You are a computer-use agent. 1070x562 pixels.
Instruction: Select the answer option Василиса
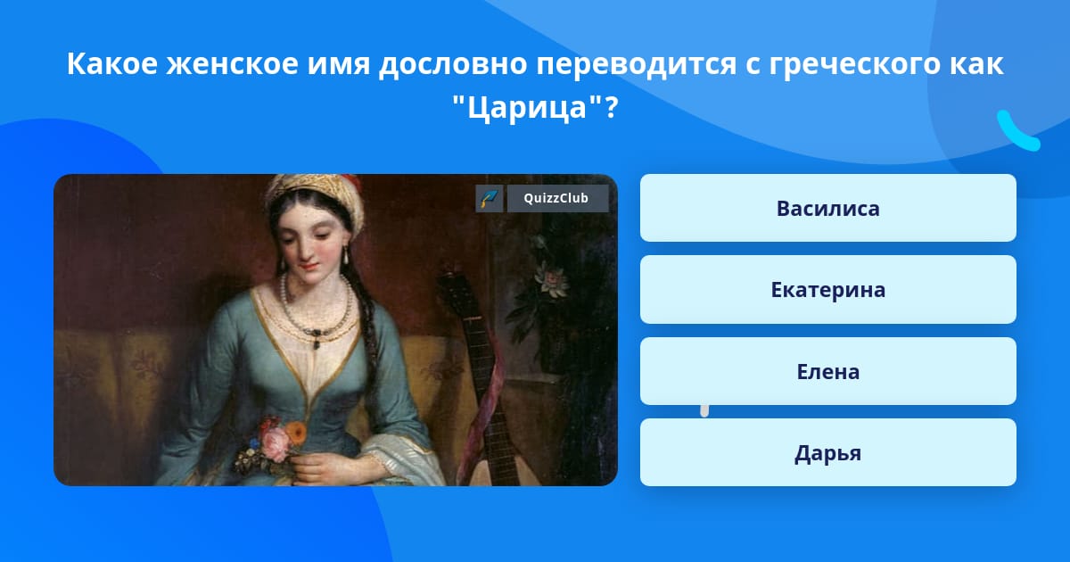click(x=827, y=208)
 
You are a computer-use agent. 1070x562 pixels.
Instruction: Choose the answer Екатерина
click(x=827, y=290)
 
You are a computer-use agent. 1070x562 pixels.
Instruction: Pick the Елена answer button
click(x=827, y=371)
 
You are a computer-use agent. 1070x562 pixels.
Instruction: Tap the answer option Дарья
click(x=827, y=452)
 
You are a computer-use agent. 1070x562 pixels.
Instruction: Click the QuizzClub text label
click(x=556, y=198)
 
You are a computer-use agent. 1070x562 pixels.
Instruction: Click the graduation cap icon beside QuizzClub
click(x=490, y=198)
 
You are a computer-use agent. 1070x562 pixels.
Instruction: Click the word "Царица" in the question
click(x=527, y=108)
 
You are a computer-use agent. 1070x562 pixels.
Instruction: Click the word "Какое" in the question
click(x=112, y=63)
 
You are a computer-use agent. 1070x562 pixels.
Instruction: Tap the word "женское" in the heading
click(x=232, y=63)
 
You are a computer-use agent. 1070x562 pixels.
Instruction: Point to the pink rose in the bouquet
click(x=276, y=443)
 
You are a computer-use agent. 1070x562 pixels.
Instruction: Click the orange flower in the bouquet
click(x=297, y=433)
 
